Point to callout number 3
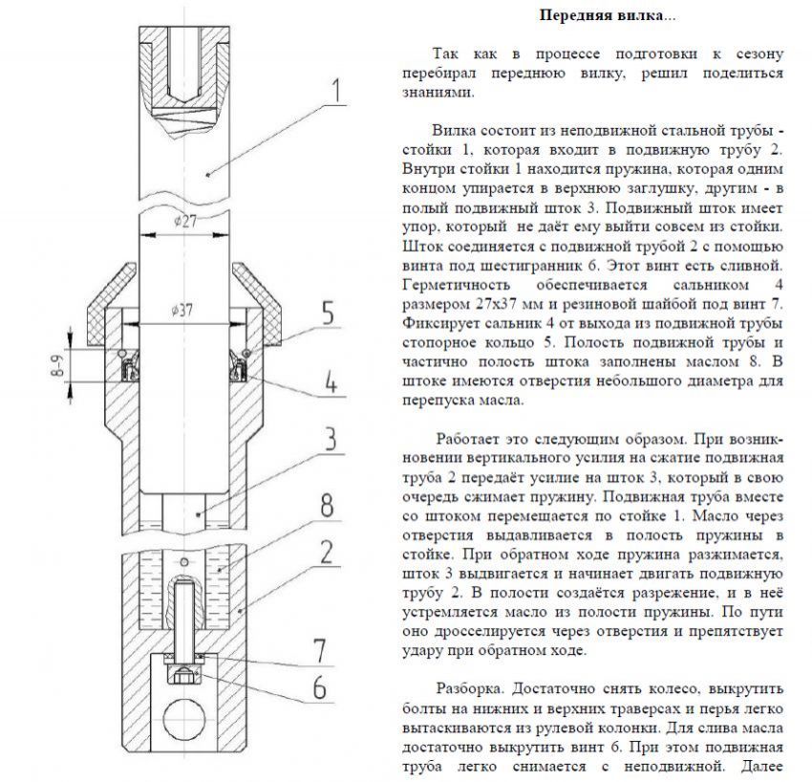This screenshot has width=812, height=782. (327, 441)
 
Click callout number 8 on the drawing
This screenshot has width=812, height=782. (327, 505)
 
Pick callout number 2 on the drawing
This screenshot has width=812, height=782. (327, 551)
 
